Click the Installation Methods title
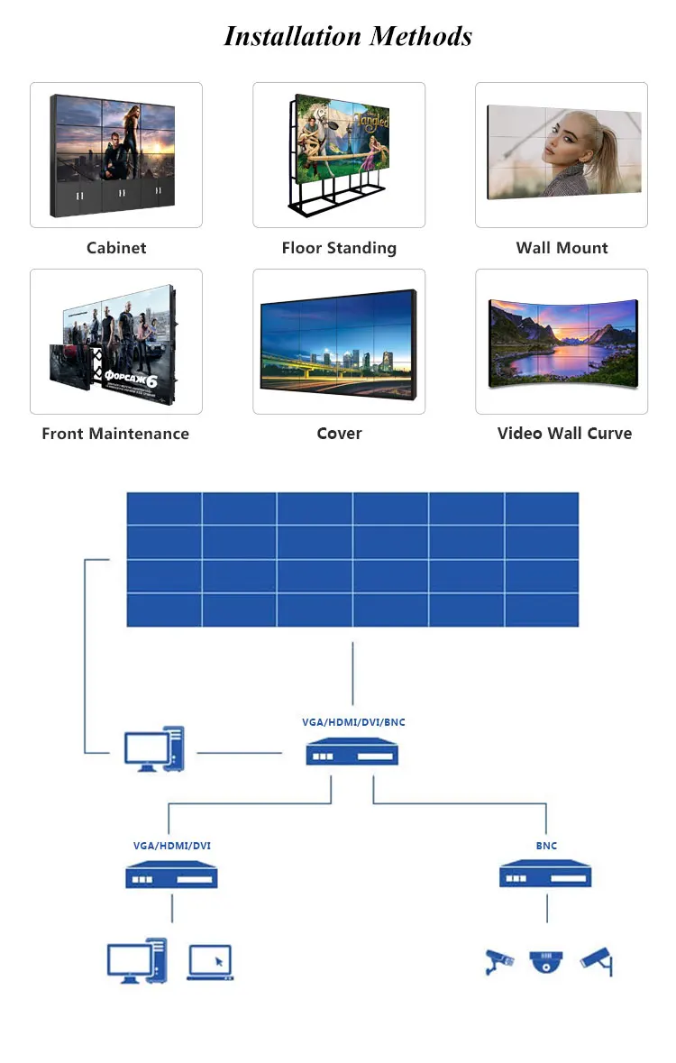[348, 36]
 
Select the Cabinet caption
[116, 248]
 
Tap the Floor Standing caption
[339, 248]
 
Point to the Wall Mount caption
[562, 248]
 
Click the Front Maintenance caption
[115, 434]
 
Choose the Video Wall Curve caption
[564, 434]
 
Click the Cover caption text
[339, 434]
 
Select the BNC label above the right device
[546, 846]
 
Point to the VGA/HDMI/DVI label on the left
[172, 846]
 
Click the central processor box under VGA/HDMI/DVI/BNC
[352, 752]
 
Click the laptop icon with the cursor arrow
[210, 962]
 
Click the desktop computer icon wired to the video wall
[154, 749]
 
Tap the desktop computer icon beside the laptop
[137, 960]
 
